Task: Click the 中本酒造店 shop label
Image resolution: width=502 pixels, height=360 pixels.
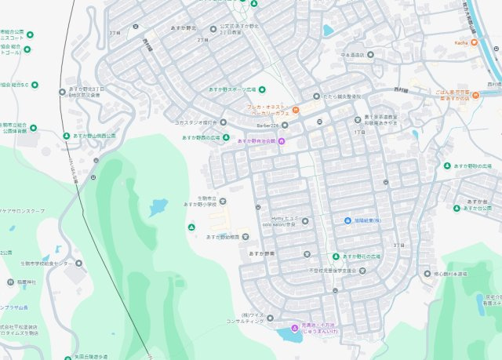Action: tap(353, 55)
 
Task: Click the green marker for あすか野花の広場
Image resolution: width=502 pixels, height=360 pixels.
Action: tap(335, 256)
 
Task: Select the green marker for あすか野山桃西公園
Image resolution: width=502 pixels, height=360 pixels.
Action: tap(66, 136)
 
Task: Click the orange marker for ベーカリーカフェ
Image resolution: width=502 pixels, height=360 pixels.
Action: tap(296, 109)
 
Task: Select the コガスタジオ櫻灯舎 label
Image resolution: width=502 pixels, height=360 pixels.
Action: tap(195, 122)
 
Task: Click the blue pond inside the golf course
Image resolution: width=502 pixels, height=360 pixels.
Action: tap(158, 207)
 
